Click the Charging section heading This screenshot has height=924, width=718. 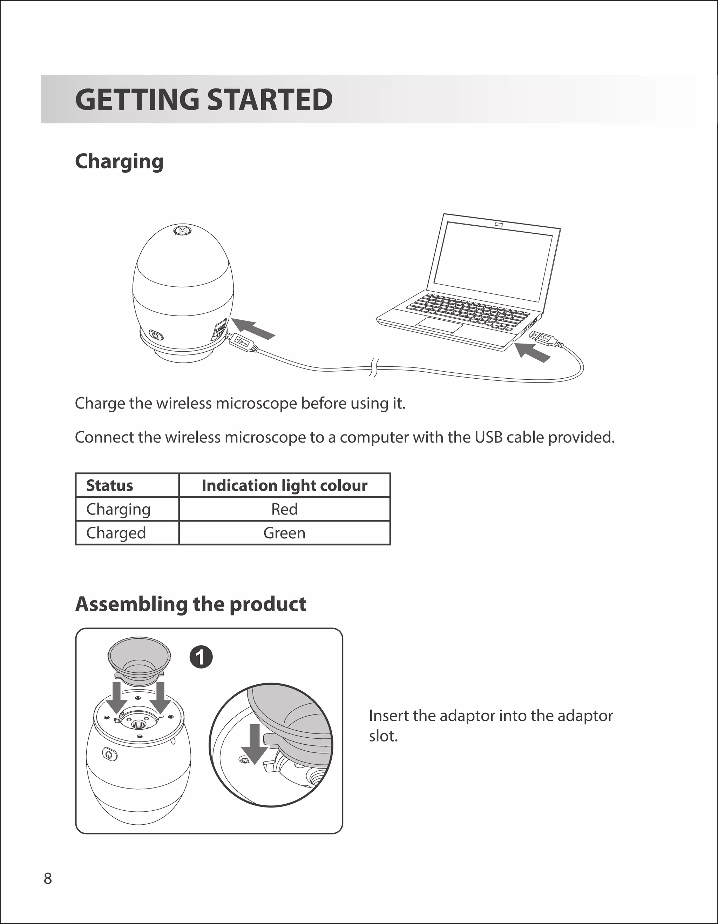(x=119, y=162)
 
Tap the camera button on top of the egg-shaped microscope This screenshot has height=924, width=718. (x=182, y=230)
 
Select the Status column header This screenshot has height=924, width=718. (x=109, y=485)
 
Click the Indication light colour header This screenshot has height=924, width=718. (x=284, y=485)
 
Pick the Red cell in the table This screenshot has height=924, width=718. (x=284, y=509)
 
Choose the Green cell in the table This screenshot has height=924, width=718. (x=284, y=533)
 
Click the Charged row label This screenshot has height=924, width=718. (x=116, y=533)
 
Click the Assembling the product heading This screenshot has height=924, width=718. (x=191, y=604)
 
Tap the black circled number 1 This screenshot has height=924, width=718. (x=201, y=657)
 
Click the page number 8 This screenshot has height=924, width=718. (x=48, y=878)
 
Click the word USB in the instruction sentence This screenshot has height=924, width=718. (x=488, y=437)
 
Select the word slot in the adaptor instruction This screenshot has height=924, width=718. (x=383, y=736)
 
